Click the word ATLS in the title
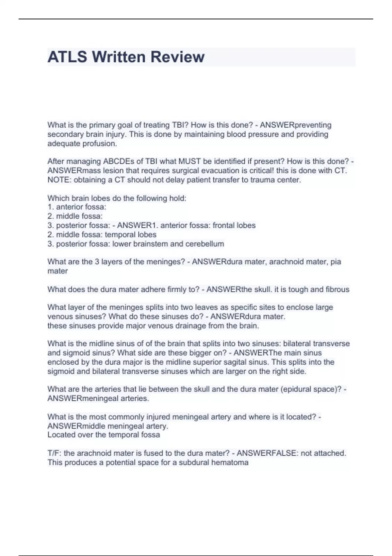pyautogui.click(x=67, y=57)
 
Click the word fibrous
pyautogui.click(x=337, y=289)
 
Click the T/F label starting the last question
pyautogui.click(x=54, y=453)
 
